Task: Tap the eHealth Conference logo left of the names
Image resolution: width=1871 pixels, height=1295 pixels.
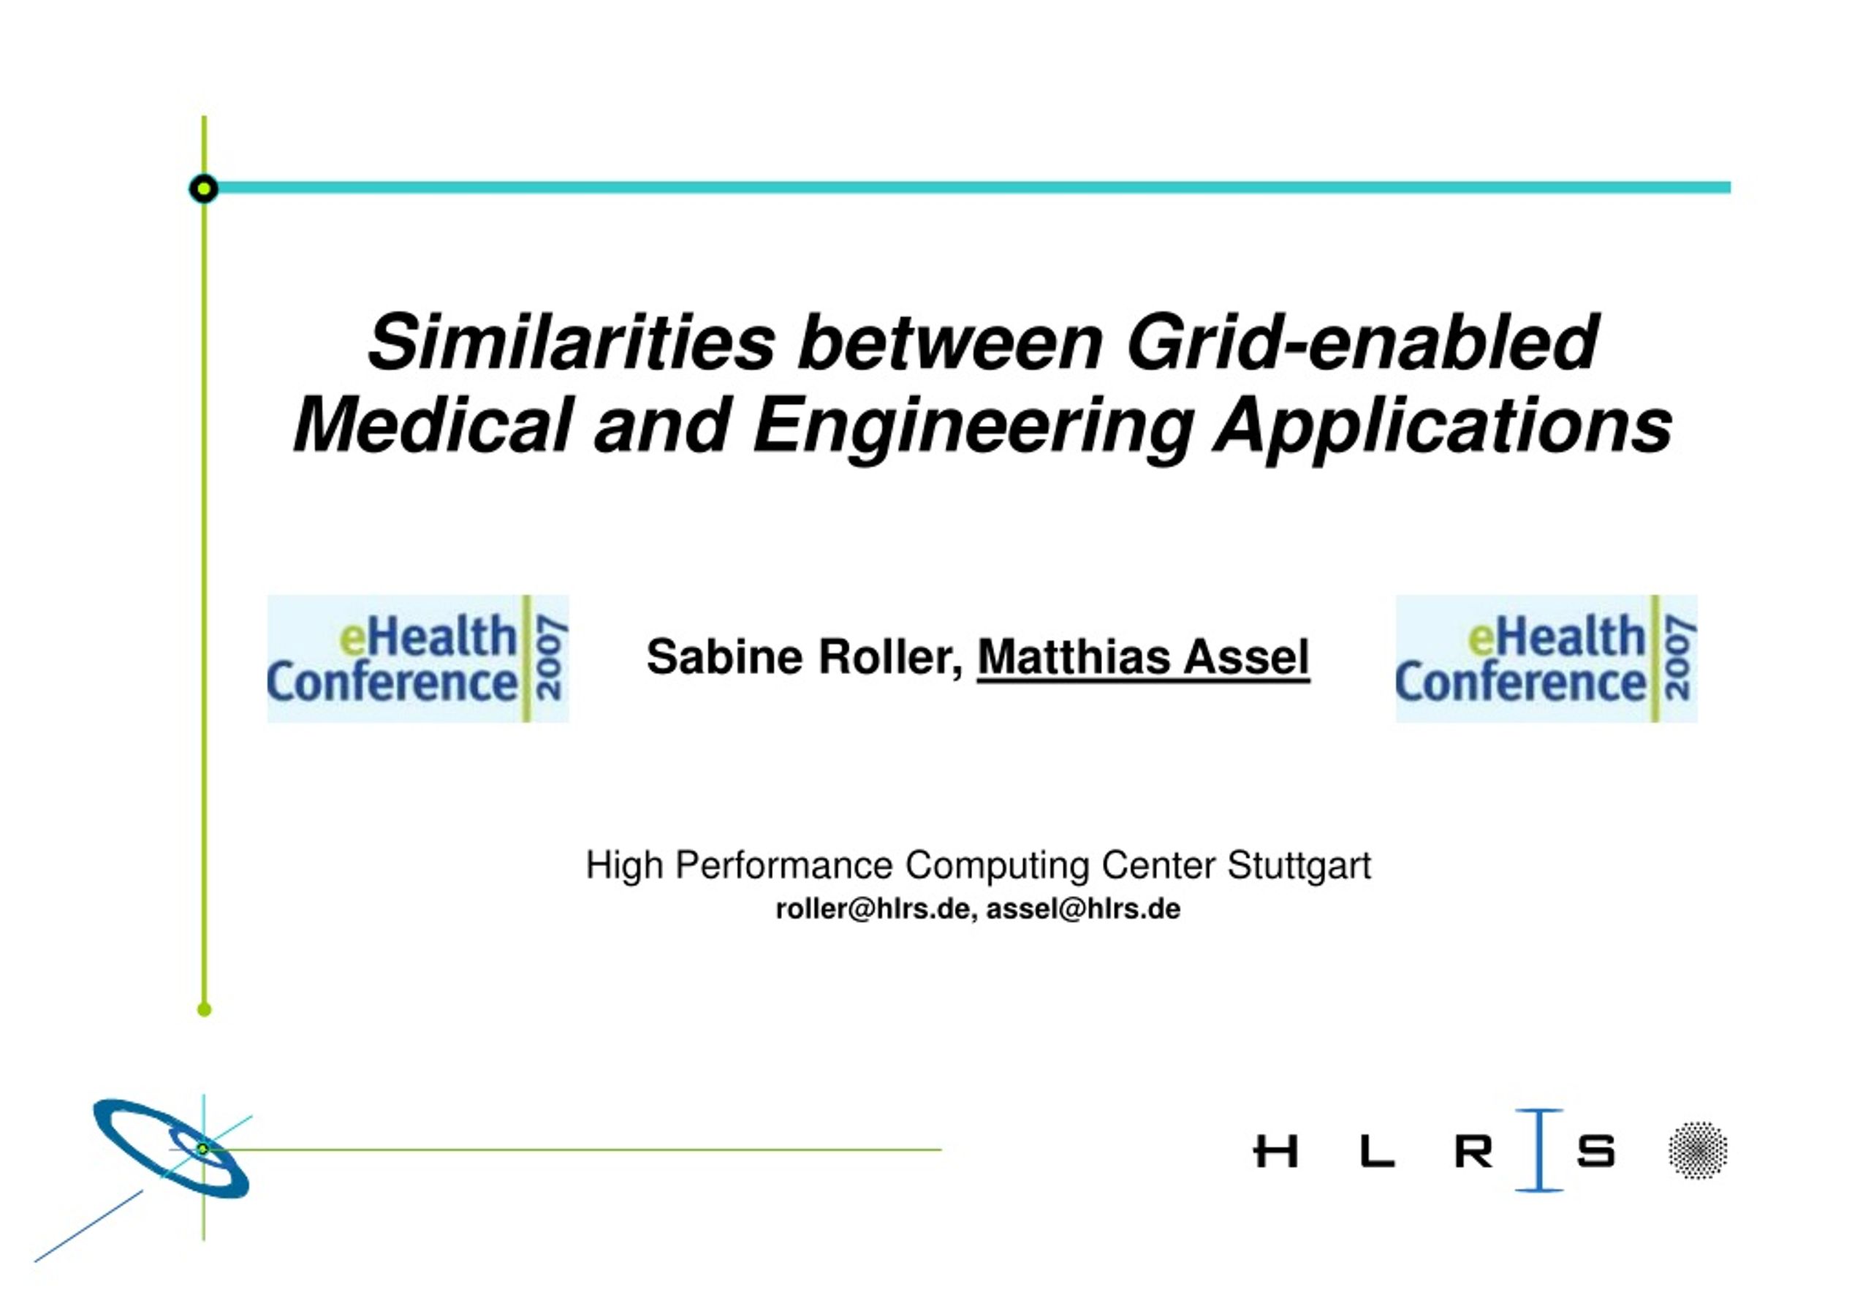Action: [x=418, y=658]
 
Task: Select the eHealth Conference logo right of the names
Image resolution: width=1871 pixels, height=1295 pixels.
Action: [x=1546, y=658]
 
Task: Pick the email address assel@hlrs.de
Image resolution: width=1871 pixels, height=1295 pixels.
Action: [x=1083, y=909]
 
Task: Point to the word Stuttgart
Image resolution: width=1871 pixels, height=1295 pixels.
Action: [x=1299, y=866]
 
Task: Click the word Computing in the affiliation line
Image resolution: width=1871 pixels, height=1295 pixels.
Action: [x=997, y=866]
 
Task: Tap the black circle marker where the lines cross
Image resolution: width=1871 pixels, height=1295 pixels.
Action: [x=204, y=189]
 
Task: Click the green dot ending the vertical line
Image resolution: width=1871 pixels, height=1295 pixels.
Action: [x=205, y=1009]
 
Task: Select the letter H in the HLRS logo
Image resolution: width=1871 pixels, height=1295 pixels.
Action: [x=1275, y=1151]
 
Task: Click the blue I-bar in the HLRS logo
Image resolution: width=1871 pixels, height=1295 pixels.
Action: [x=1538, y=1150]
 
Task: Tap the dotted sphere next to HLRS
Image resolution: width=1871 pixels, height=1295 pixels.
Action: [x=1697, y=1150]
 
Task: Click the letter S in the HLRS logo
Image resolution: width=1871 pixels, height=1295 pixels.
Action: [x=1596, y=1151]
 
